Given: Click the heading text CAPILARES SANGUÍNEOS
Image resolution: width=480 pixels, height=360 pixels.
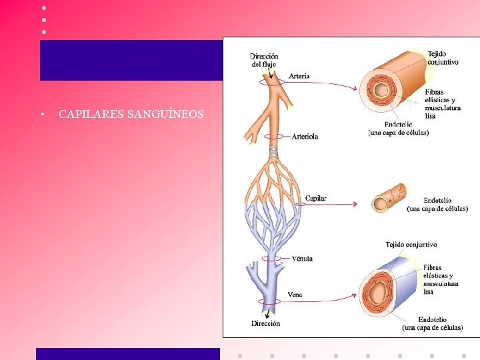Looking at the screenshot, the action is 131,115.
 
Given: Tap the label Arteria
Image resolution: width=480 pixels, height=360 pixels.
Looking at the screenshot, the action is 299,76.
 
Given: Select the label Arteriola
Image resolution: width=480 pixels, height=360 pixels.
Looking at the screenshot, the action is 305,137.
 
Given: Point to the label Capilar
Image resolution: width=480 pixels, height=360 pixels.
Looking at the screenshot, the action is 315,199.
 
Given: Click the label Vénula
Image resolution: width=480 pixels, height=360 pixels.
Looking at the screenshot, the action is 302,259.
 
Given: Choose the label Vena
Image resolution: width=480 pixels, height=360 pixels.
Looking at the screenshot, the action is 295,294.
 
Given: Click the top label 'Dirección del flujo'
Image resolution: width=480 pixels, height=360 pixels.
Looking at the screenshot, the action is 264,60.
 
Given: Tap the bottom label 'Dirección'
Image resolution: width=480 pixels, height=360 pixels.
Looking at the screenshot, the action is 265,324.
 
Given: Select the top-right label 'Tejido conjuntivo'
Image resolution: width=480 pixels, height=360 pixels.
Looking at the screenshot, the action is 443,57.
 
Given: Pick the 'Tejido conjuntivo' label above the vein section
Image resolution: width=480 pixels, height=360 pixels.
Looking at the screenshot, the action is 411,244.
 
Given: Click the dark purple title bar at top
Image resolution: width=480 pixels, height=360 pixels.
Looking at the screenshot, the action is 131,60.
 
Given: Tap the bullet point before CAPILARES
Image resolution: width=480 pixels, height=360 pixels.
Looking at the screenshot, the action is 42,115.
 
